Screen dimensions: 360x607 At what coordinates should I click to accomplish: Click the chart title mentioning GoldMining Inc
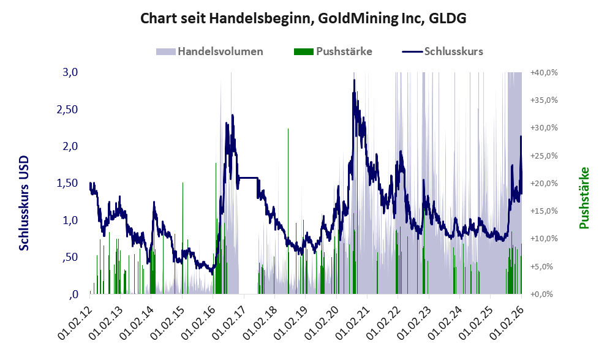pos(303,18)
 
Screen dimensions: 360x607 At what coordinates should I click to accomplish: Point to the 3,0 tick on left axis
pos(71,72)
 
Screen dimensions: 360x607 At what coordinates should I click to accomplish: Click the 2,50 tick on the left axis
pos(67,109)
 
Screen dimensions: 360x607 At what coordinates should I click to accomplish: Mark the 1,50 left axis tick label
pos(67,183)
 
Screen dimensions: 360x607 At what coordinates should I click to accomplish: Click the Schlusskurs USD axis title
pos(25,202)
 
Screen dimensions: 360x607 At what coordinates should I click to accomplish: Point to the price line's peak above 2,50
pos(354,80)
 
